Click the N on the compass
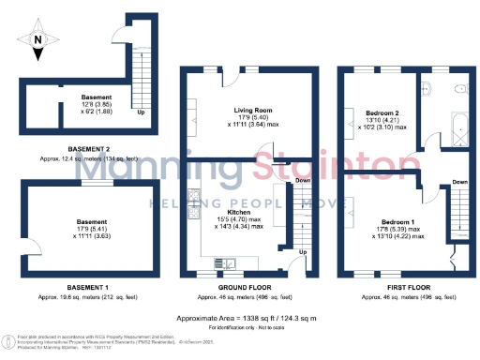tap(37, 39)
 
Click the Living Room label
tap(247, 110)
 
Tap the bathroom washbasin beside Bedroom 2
tap(424, 90)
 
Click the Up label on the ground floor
tap(302, 252)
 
